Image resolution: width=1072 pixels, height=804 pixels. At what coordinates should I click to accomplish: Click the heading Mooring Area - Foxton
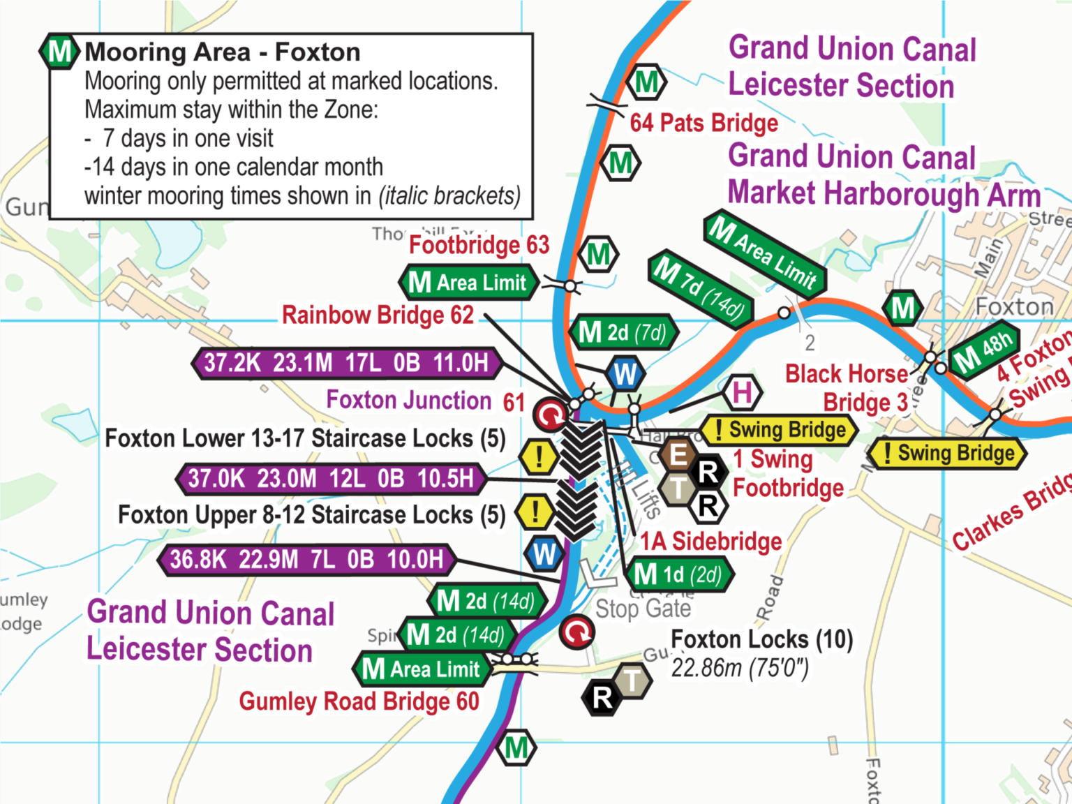click(222, 52)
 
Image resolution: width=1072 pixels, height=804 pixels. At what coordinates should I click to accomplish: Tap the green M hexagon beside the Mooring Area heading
click(59, 52)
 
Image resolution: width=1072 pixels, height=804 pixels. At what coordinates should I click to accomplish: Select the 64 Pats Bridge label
click(703, 124)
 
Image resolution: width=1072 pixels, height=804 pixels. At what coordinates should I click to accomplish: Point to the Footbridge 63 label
click(479, 245)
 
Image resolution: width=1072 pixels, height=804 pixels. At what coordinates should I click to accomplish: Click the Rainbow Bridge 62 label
click(378, 315)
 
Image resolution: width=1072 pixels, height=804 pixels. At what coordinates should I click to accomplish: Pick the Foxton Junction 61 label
click(425, 401)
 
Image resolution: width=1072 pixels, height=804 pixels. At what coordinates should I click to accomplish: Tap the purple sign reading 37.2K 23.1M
click(346, 363)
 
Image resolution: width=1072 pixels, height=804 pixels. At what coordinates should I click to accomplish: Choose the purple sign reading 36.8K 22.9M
click(307, 560)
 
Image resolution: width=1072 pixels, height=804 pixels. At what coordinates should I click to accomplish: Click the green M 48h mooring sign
click(984, 350)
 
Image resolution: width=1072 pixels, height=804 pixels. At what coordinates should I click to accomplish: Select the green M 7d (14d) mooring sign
click(701, 288)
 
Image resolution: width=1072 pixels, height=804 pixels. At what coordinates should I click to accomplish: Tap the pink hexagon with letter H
click(742, 392)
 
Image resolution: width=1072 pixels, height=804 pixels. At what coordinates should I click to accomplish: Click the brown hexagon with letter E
click(677, 455)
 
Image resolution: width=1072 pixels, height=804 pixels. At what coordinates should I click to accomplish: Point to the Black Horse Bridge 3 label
click(847, 388)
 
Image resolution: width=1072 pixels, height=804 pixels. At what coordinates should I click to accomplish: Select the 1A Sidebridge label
click(710, 542)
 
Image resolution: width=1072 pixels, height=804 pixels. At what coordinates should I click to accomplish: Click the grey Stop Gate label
click(643, 609)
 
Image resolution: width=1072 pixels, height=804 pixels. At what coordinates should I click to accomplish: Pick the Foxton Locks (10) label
click(761, 639)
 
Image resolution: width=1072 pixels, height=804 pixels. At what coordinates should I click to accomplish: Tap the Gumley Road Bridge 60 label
click(359, 701)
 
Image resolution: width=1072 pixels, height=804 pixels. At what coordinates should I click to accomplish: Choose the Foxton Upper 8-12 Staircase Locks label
click(311, 515)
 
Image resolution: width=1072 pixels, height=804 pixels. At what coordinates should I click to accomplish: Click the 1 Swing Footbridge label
click(787, 474)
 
